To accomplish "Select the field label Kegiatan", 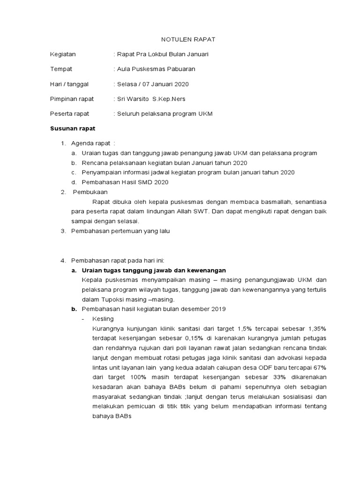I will pyautogui.click(x=63, y=54).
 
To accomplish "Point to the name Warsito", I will pyautogui.click(x=139, y=99).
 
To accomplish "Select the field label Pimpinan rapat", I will pyautogui.click(x=72, y=99).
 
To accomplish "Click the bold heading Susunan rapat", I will pyautogui.click(x=72, y=128).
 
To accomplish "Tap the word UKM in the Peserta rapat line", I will pyautogui.click(x=205, y=114).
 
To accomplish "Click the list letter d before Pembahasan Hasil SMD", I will pyautogui.click(x=74, y=182).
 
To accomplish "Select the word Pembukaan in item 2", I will pyautogui.click(x=90, y=192).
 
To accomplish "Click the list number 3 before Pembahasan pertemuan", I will pyautogui.click(x=63, y=231).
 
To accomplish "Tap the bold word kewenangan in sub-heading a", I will pyautogui.click(x=206, y=270).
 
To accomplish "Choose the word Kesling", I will pyautogui.click(x=104, y=319).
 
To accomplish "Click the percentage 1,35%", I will pyautogui.click(x=316, y=329).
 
